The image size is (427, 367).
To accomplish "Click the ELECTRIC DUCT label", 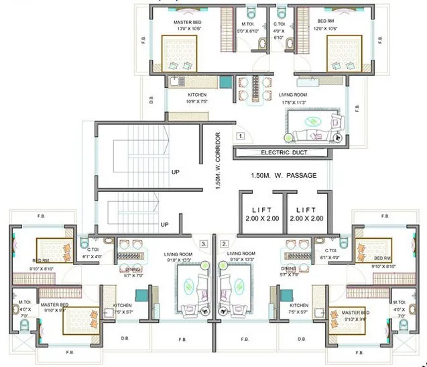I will (282, 153).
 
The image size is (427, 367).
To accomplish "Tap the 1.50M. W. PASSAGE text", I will (283, 175).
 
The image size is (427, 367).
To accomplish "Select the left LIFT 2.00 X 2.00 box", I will (261, 214).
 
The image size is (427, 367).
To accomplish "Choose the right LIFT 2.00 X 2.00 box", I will (306, 214).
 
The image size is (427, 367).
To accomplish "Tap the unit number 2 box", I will (225, 244).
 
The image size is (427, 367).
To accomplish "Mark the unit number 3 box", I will (204, 244).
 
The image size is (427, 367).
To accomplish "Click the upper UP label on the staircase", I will (175, 172).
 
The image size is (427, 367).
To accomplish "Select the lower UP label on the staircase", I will (164, 224).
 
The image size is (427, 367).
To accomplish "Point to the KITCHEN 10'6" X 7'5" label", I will (196, 99).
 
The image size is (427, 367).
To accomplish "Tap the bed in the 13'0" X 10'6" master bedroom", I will (179, 54).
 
